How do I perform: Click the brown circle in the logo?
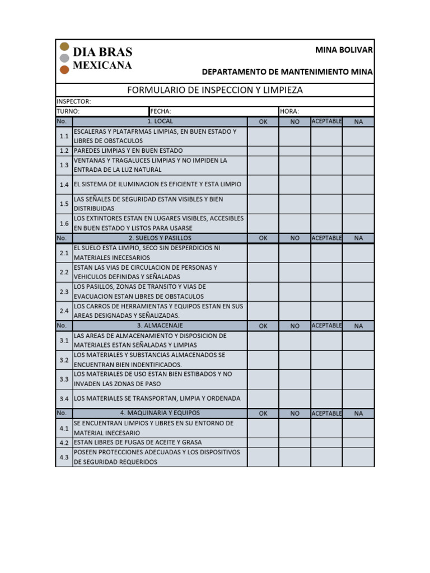tap(64, 69)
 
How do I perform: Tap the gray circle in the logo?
tap(64, 58)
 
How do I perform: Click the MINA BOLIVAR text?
tap(344, 50)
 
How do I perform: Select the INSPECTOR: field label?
tap(73, 101)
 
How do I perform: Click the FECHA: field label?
tap(160, 111)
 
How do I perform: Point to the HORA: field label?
tap(289, 111)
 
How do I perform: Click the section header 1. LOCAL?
tap(160, 121)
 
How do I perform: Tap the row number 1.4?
tap(64, 185)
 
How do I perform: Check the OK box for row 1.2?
tap(263, 151)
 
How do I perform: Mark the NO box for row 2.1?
tap(295, 253)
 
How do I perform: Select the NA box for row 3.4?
tap(358, 398)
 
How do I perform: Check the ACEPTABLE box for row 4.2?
tap(326, 442)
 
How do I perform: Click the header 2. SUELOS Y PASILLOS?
tap(160, 238)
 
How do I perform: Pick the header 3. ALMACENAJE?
tap(160, 325)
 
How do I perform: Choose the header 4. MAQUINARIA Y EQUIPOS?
tap(160, 413)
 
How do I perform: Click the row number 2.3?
tap(64, 292)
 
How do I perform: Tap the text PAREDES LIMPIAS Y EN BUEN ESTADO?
tap(128, 151)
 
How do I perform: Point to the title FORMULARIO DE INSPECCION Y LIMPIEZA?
tap(215, 90)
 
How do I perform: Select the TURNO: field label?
tap(68, 111)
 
